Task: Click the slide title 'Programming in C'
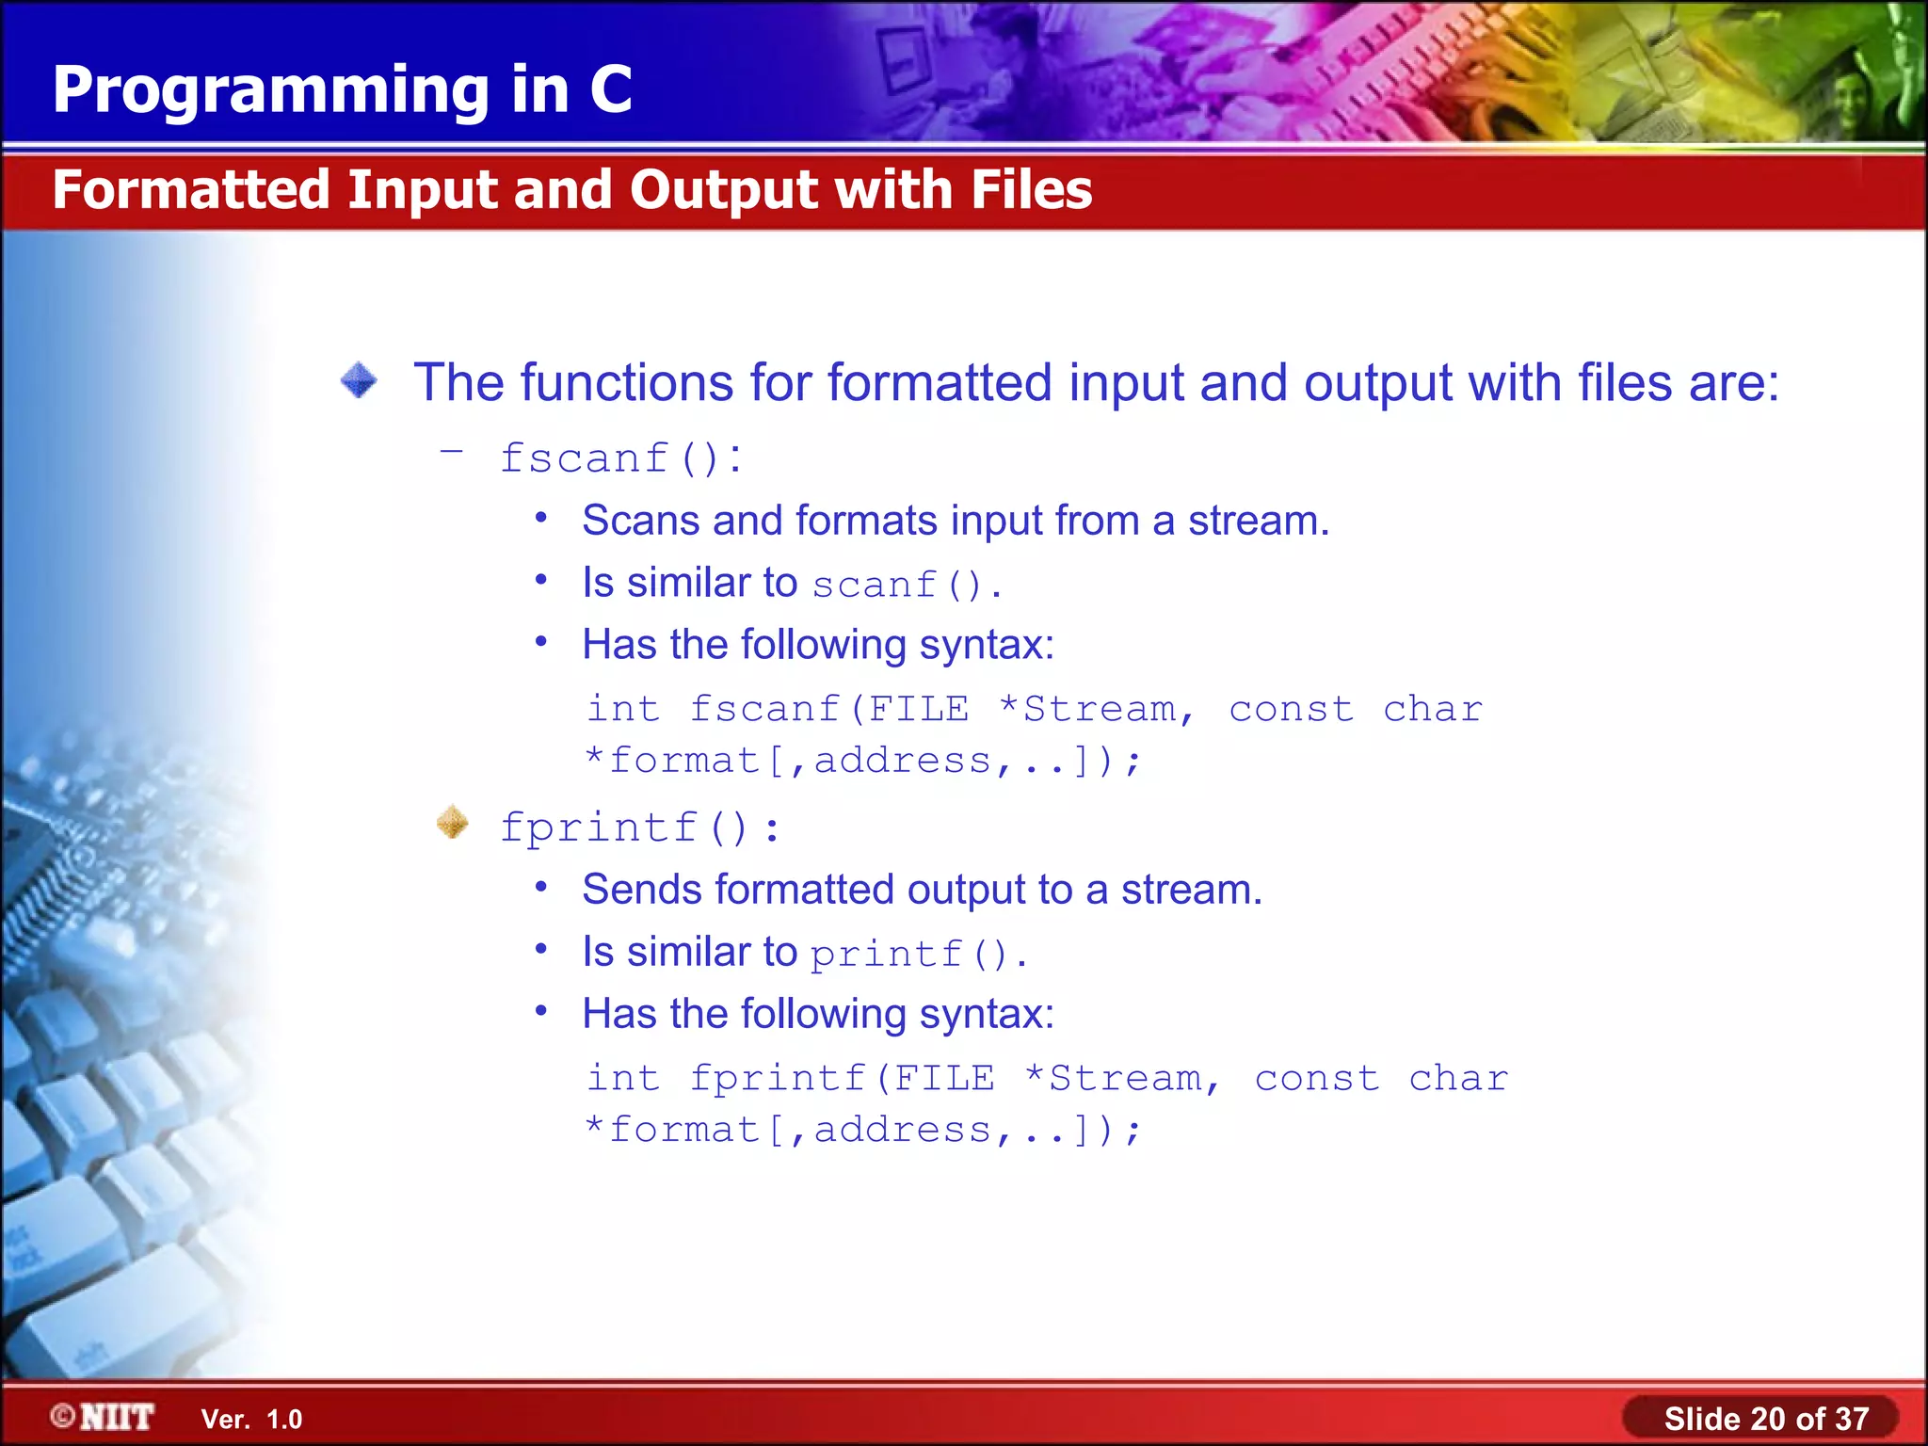342,90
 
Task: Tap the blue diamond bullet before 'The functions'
359,381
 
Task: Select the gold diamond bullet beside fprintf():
453,823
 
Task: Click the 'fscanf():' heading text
621,458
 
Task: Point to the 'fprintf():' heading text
639,828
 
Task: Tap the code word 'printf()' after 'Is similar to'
908,954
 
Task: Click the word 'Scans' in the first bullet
641,521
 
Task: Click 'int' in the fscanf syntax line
623,709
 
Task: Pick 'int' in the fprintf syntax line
623,1078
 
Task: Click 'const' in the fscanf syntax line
1291,709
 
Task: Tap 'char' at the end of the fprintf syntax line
1458,1078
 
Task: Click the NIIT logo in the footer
104,1417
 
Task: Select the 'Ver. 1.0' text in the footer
251,1420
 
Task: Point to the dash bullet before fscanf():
452,452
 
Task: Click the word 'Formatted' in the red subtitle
191,189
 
